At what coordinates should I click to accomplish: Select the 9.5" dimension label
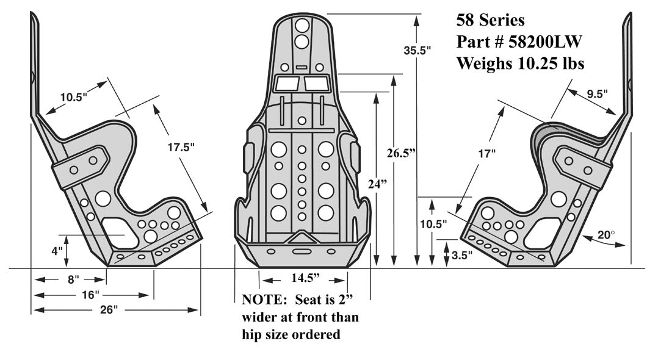point(599,95)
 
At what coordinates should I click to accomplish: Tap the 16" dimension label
point(90,295)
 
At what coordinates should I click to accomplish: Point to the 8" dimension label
point(73,279)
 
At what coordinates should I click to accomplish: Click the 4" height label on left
point(57,250)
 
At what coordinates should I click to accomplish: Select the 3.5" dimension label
point(462,256)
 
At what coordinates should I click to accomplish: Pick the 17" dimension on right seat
point(486,154)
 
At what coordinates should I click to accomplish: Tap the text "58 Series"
point(490,20)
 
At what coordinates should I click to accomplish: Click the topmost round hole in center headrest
point(302,26)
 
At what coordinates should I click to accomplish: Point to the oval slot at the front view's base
point(302,251)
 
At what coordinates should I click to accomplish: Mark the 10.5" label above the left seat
point(74,97)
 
